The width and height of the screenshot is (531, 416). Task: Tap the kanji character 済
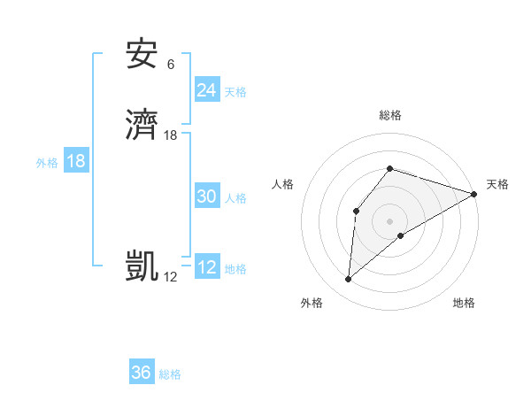click(142, 125)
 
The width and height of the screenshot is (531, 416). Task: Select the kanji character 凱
click(142, 266)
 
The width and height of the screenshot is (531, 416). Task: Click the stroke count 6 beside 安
click(170, 65)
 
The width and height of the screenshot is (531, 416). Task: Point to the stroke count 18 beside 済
click(171, 135)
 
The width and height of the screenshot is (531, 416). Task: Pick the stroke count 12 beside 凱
click(170, 277)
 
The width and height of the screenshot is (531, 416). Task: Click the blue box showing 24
click(206, 90)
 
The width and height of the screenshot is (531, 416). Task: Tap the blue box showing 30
click(206, 197)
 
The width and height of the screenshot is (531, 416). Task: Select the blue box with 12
click(206, 267)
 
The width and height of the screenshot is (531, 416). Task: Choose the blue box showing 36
click(142, 373)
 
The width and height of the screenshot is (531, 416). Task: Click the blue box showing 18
click(76, 161)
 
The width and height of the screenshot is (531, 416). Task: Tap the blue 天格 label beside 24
click(235, 92)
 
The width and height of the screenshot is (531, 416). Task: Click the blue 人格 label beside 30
click(235, 198)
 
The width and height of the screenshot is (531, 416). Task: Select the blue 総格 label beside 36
click(171, 374)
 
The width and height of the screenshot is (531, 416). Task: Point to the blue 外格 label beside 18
click(47, 163)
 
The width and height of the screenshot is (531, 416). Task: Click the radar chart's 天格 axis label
click(497, 184)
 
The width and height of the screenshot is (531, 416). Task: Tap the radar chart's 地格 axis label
click(464, 304)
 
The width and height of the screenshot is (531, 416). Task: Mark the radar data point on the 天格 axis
click(474, 193)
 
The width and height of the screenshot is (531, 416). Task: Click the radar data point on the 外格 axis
click(348, 280)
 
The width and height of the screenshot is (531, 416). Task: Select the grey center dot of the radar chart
click(389, 220)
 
